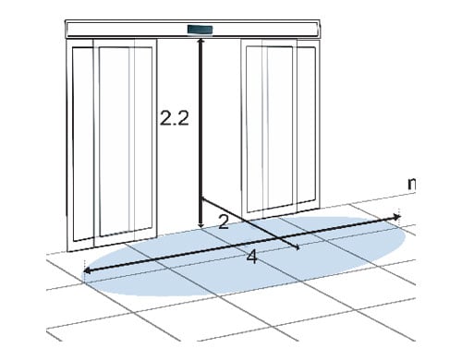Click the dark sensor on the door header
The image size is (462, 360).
[x=201, y=30]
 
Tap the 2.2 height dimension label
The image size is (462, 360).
[x=175, y=118]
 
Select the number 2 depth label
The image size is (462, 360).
[x=224, y=222]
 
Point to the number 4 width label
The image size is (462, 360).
[x=252, y=257]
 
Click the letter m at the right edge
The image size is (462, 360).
[x=411, y=184]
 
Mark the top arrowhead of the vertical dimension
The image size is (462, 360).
[x=201, y=42]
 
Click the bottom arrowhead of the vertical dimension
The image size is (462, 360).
[x=201, y=224]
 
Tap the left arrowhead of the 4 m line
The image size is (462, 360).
[x=87, y=270]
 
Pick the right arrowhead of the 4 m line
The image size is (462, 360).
[x=396, y=217]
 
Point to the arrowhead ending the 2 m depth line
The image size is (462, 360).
[x=298, y=247]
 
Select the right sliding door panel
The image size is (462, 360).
[x=280, y=127]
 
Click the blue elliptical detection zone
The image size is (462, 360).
[x=243, y=256]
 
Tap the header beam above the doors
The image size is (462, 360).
[x=192, y=30]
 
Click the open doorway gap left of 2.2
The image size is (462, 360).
[x=177, y=77]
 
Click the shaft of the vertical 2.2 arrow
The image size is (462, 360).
[x=201, y=133]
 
